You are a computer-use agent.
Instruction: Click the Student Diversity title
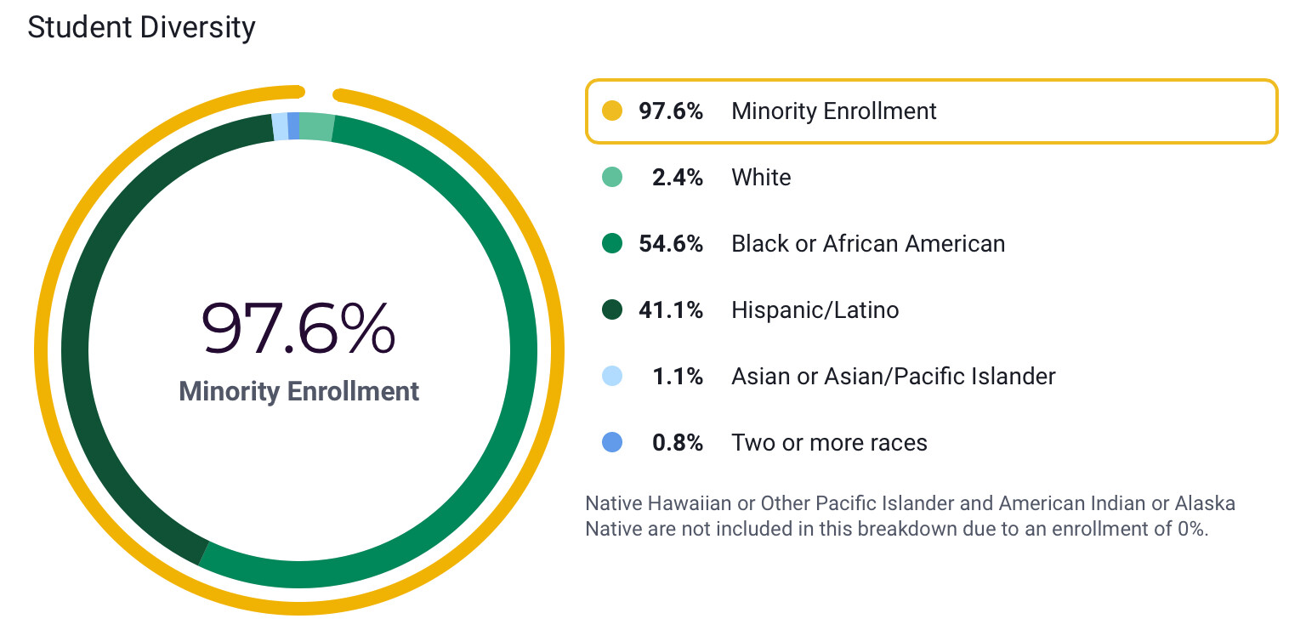[x=141, y=28]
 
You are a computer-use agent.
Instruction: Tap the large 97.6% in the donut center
[x=298, y=328]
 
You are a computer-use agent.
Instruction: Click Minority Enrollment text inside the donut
[x=298, y=391]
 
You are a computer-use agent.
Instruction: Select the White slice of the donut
[x=316, y=126]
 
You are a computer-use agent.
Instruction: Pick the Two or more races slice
[x=293, y=125]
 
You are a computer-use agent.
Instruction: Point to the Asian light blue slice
[x=280, y=127]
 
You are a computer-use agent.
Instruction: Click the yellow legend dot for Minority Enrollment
[x=611, y=111]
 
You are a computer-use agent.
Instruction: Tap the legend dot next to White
[x=611, y=178]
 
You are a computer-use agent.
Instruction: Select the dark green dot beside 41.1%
[x=611, y=310]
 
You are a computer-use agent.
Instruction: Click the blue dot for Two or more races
[x=611, y=443]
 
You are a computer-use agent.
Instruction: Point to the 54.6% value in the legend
[x=671, y=244]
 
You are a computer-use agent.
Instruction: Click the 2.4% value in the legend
[x=677, y=178]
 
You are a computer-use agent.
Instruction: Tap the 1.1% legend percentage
[x=679, y=377]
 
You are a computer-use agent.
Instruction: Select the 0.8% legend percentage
[x=677, y=443]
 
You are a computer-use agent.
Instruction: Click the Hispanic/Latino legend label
[x=815, y=310]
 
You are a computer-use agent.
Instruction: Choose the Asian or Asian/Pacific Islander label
[x=893, y=377]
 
